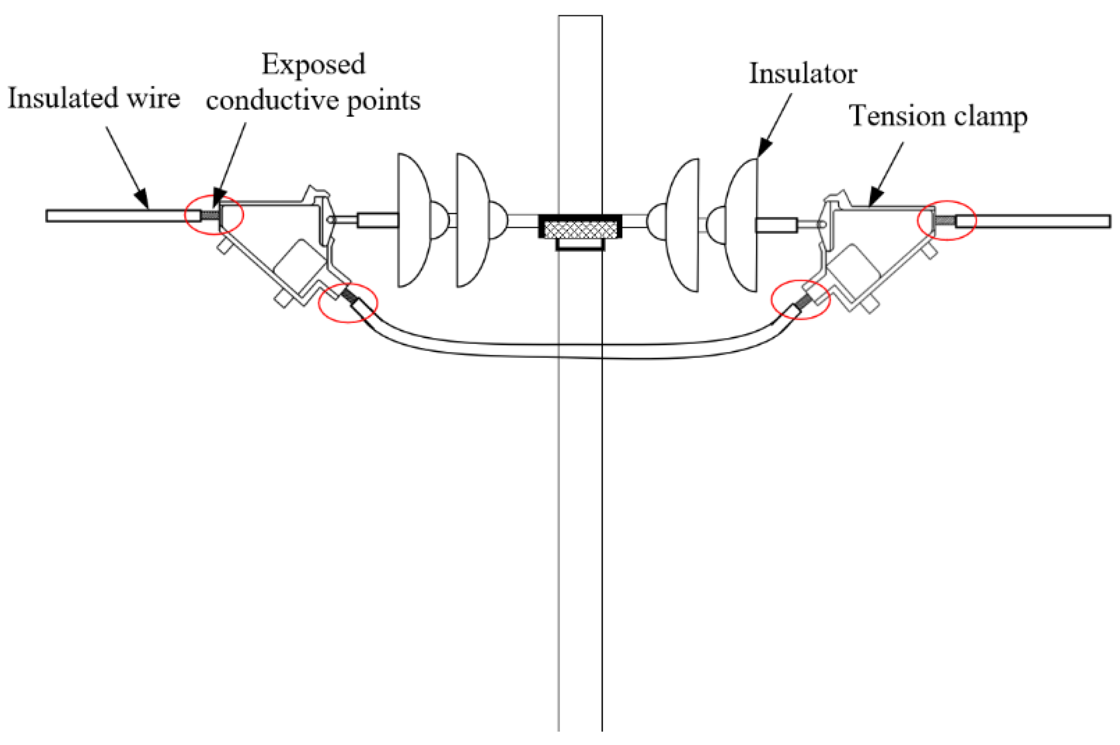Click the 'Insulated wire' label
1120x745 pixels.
[x=94, y=98]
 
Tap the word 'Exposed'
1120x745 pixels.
[x=313, y=64]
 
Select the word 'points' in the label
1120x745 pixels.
[x=384, y=100]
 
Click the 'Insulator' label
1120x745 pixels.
[x=802, y=74]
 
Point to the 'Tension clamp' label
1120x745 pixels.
[x=937, y=116]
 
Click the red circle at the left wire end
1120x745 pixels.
[x=213, y=215]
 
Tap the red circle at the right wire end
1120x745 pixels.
[x=947, y=221]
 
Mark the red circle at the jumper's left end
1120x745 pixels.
[x=348, y=303]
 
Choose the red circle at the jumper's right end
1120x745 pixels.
[x=801, y=300]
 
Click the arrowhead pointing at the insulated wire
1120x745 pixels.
[x=142, y=199]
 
